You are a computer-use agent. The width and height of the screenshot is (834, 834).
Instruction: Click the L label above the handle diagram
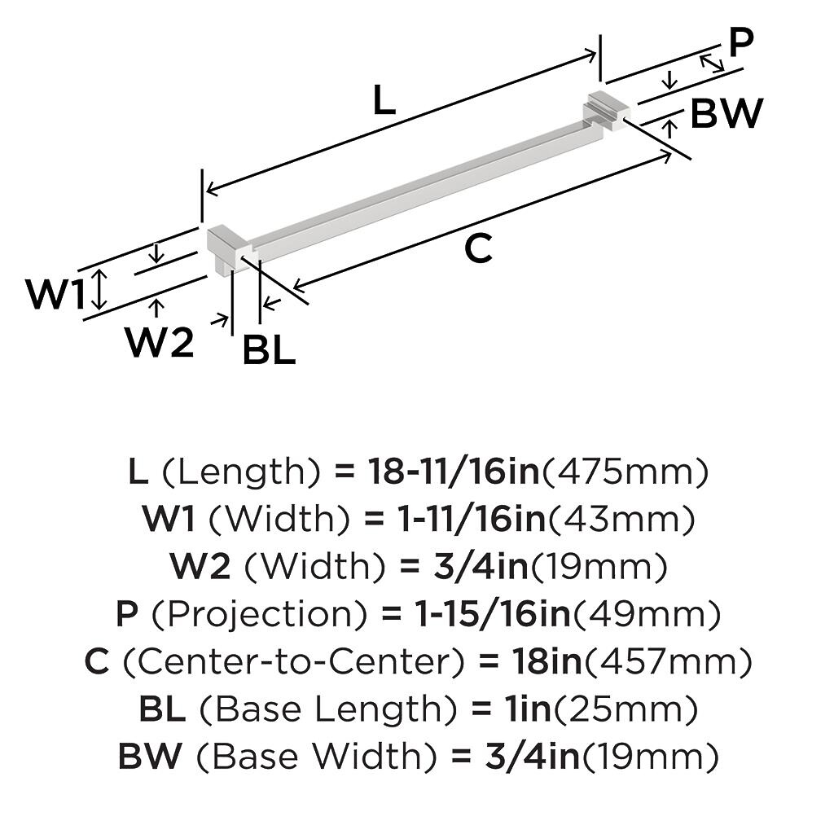coord(384,102)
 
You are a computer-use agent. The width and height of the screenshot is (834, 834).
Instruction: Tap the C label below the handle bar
coord(478,248)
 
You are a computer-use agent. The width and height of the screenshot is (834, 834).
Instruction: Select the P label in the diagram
coord(740,44)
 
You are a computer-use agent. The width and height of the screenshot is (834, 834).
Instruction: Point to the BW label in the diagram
coord(726,114)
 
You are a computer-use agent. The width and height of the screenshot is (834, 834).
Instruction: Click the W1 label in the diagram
coord(55,294)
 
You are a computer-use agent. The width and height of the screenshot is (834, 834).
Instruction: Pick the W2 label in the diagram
coord(160,343)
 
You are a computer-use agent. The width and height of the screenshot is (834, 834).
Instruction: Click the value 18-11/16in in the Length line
coord(453,472)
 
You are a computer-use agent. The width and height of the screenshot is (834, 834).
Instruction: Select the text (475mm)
coord(625,472)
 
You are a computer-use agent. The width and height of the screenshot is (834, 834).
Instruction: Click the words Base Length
coord(328,710)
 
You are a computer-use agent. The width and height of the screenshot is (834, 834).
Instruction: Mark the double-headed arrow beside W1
coord(99,290)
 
